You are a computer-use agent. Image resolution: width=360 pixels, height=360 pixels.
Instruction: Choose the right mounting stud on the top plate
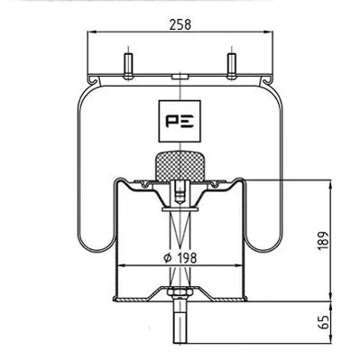tap(230, 68)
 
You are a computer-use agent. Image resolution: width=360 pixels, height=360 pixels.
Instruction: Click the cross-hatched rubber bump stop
tap(181, 166)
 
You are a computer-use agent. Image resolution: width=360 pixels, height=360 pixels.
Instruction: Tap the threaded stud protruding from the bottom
tap(181, 327)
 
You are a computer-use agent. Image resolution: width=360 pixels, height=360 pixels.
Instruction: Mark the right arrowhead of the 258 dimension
tap(272, 34)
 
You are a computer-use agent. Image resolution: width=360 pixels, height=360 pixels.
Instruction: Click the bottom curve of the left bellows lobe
tap(94, 249)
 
